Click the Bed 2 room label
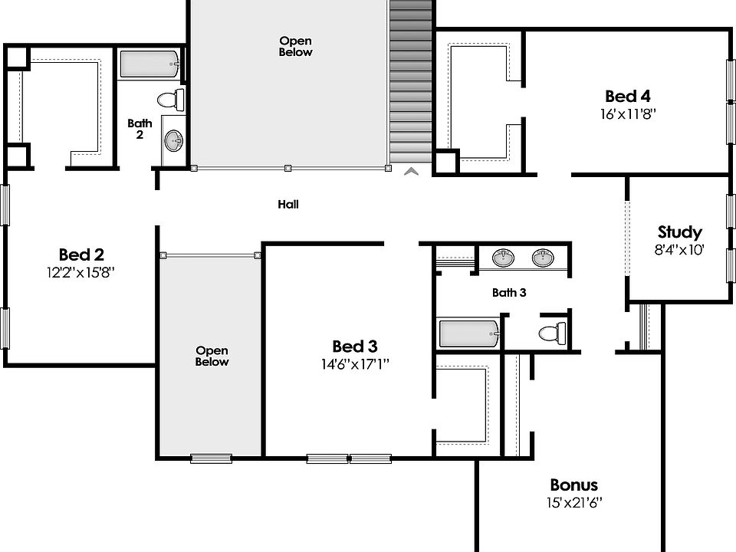point(81,255)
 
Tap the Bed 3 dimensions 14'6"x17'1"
point(355,365)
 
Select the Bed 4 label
point(628,97)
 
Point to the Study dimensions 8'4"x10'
point(679,249)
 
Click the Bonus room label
point(573,485)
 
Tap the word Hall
point(288,205)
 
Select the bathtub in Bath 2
point(150,64)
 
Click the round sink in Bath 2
point(175,140)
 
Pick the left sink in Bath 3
point(503,258)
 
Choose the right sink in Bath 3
point(543,258)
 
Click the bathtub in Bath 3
point(468,334)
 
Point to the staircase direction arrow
point(412,172)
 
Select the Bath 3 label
point(509,292)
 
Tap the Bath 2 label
point(140,128)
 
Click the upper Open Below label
point(296,47)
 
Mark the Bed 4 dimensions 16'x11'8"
point(628,114)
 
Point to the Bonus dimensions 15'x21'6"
point(573,504)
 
